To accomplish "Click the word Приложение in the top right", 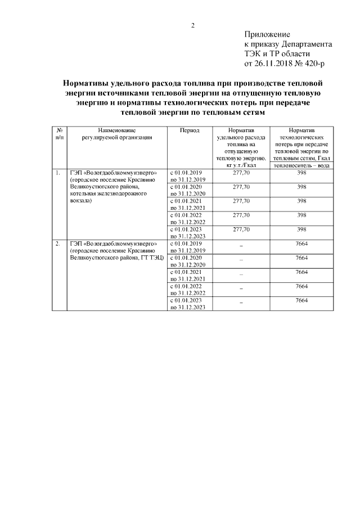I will tap(267, 35).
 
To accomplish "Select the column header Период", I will tap(190, 130).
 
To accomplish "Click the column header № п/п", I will tap(59, 133).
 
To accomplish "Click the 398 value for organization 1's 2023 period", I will tap(301, 229).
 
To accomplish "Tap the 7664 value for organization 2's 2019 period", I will tap(301, 244).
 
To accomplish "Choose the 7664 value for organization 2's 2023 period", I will tap(301, 300).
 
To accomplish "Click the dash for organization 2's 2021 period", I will tap(241, 274).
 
